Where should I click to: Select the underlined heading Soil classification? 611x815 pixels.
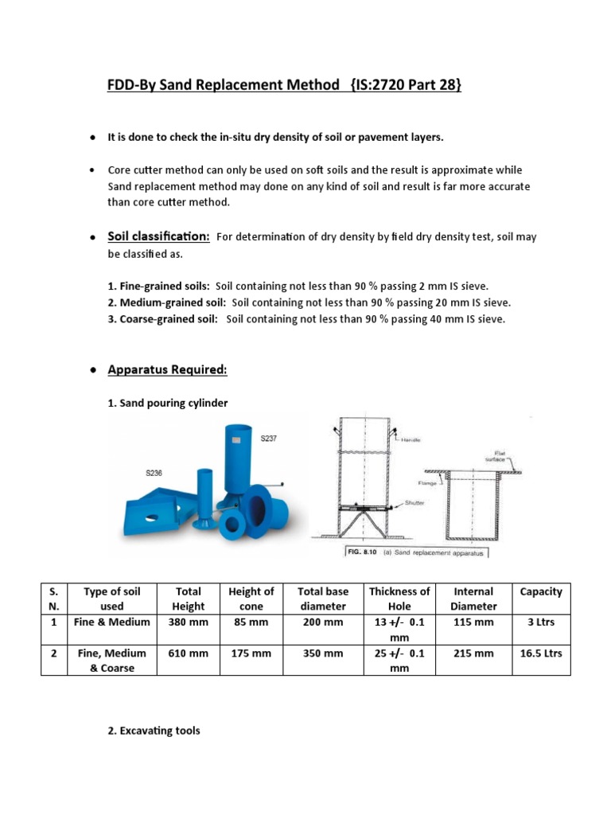tap(158, 236)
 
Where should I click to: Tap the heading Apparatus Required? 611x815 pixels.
tap(167, 369)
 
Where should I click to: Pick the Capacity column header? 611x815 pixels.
tap(540, 591)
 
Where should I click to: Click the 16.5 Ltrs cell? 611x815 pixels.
tap(540, 653)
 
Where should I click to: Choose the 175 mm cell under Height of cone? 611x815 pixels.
tap(251, 653)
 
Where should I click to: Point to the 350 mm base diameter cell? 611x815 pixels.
tap(322, 653)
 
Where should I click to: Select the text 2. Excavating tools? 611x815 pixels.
tap(154, 730)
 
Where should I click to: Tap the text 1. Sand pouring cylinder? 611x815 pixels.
tap(167, 403)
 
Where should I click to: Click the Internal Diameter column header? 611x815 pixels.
tap(473, 599)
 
